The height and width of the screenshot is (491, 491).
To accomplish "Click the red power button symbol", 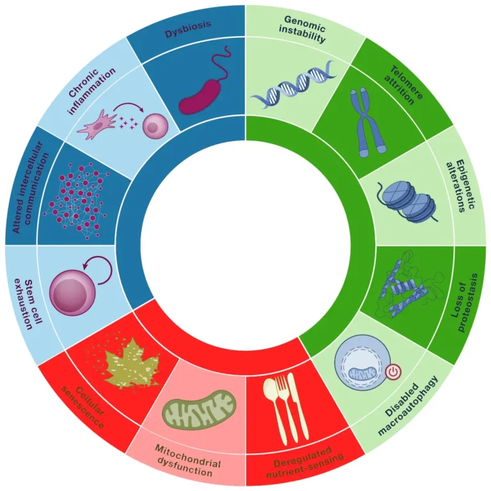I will point(392,371).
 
